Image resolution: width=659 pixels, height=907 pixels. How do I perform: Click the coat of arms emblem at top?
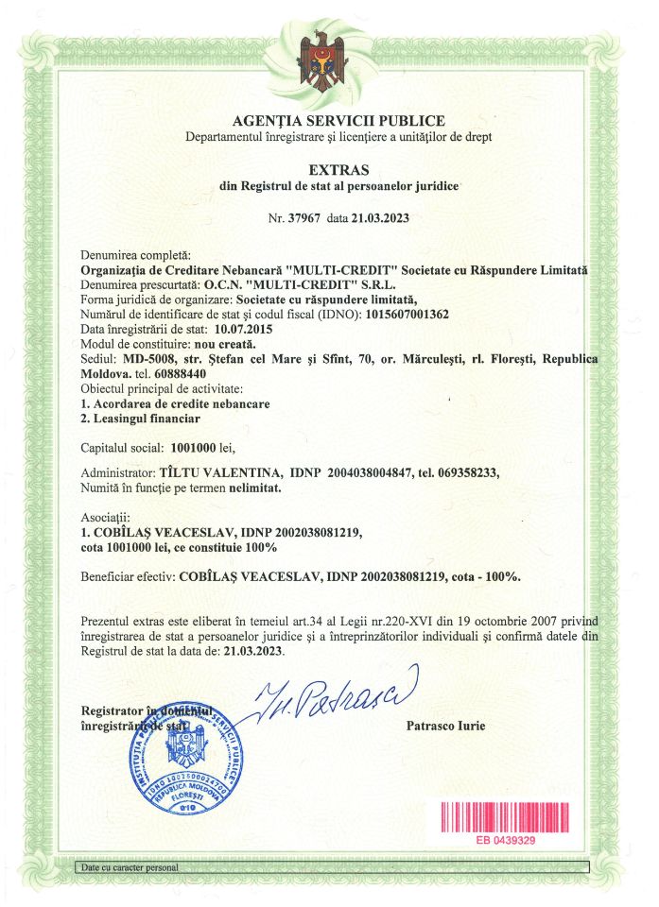click(327, 63)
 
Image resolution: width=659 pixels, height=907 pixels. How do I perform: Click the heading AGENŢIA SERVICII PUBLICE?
click(338, 121)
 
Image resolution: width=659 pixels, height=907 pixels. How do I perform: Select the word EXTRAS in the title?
click(338, 170)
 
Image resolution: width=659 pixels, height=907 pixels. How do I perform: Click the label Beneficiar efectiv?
click(129, 575)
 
